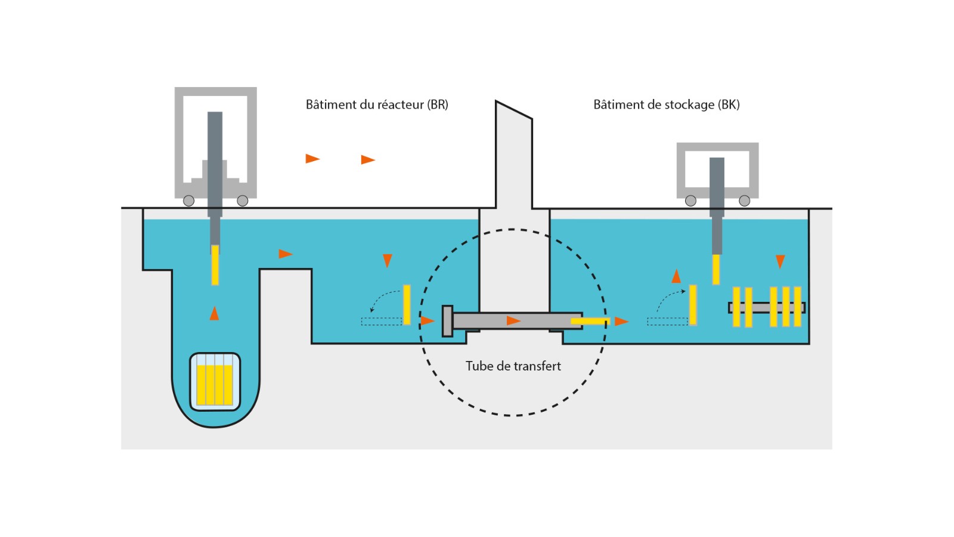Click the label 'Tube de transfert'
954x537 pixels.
point(513,366)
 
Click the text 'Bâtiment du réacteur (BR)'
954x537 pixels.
point(377,104)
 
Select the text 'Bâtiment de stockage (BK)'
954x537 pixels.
point(666,104)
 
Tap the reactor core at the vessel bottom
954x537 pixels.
point(215,382)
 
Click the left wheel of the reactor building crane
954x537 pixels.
point(189,201)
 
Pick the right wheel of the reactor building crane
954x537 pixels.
point(243,201)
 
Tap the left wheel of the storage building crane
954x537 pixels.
point(691,201)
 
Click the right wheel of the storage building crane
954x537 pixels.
point(745,201)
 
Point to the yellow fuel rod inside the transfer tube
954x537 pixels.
point(590,321)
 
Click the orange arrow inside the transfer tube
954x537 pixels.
point(513,321)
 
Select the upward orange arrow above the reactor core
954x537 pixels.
point(215,313)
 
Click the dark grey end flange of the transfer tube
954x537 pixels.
point(447,321)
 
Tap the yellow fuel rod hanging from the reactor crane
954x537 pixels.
point(215,265)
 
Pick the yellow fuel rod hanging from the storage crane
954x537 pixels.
point(716,269)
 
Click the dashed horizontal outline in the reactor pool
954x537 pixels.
point(382,322)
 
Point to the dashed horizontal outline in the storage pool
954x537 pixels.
point(668,322)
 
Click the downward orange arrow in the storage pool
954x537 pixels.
point(780,261)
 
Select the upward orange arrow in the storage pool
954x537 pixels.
point(676,276)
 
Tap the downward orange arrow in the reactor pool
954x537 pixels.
point(388,261)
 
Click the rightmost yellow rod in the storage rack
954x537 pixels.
point(798,307)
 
